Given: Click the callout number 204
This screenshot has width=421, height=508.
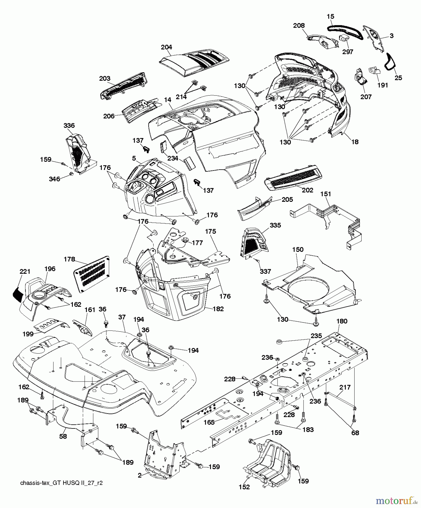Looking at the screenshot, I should click(166, 47).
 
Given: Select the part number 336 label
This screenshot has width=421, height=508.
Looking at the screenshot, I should click(69, 126).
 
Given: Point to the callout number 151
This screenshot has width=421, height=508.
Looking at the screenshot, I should click(326, 194).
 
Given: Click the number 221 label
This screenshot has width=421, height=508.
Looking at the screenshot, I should click(25, 272).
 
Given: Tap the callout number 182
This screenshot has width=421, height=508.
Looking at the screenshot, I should click(218, 309).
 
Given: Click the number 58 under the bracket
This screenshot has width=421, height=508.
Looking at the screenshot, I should click(63, 436).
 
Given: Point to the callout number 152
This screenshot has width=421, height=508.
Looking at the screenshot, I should click(244, 487).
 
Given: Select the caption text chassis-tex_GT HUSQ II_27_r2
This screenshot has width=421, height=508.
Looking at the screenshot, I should click(61, 483).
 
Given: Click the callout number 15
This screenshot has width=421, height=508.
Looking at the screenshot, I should click(330, 17).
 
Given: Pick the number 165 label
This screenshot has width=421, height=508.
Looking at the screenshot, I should click(209, 422).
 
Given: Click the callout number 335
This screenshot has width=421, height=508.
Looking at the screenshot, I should click(275, 225).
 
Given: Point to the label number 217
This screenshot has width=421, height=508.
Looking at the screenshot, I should click(345, 387).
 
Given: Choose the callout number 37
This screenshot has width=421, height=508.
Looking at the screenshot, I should click(122, 317).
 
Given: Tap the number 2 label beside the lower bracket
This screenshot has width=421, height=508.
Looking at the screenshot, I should click(140, 475).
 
